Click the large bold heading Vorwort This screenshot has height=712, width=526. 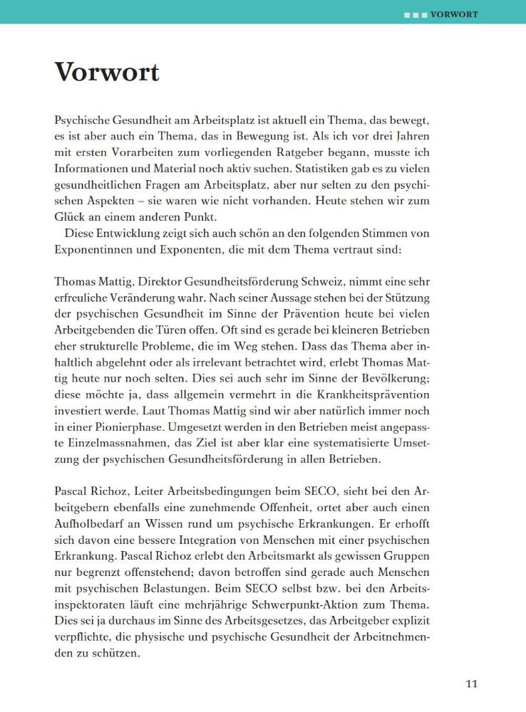point(106,72)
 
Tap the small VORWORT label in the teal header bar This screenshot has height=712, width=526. point(454,14)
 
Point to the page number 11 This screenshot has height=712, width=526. point(471,684)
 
